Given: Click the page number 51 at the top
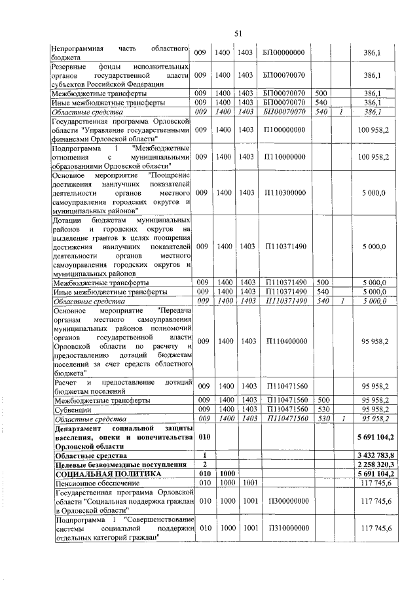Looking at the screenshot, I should tap(238, 33).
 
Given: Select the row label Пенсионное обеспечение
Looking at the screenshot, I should tap(92, 482).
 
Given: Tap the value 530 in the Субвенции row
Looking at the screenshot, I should tap(321, 408).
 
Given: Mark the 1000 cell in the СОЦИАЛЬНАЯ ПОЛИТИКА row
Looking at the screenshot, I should tap(227, 473).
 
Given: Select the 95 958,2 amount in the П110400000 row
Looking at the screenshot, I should tap(375, 341).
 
